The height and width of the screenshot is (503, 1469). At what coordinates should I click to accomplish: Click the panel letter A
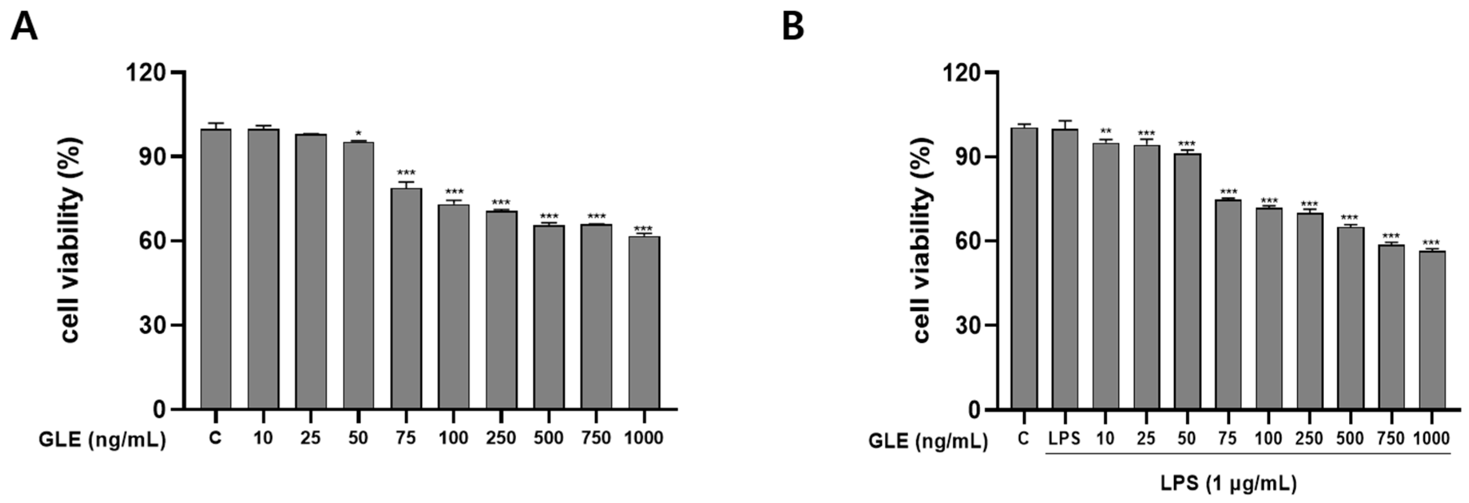[x=24, y=27]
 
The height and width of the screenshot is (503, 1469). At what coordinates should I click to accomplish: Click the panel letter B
[x=793, y=27]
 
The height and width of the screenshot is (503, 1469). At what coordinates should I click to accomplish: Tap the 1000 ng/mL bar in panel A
[x=644, y=322]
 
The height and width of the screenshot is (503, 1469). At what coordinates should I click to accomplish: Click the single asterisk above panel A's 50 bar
[x=358, y=134]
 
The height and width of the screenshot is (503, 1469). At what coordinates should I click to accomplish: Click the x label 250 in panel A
[x=501, y=438]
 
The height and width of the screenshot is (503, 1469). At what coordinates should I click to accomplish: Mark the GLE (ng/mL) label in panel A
[x=102, y=440]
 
